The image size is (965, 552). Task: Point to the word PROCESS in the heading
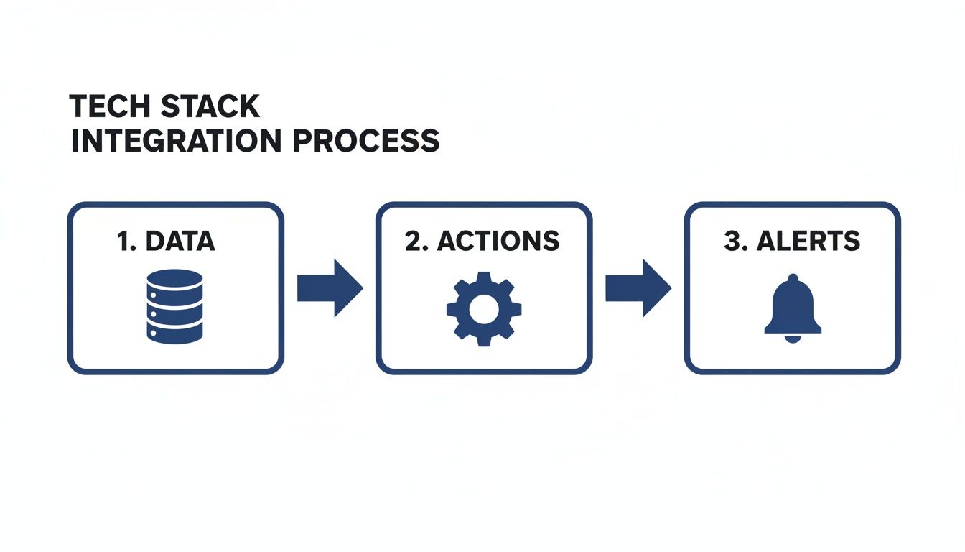click(367, 141)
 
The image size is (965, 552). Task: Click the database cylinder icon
click(174, 305)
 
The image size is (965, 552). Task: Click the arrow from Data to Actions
click(330, 288)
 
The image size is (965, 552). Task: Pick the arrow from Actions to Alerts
click(638, 288)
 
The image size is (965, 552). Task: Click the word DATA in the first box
click(180, 241)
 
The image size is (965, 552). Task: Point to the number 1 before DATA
click(123, 241)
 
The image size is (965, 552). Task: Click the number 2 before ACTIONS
click(413, 241)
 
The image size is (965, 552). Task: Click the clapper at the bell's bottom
click(792, 339)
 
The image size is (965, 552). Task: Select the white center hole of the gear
click(484, 308)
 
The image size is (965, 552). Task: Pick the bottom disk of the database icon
click(174, 331)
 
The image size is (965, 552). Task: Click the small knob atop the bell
click(792, 277)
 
